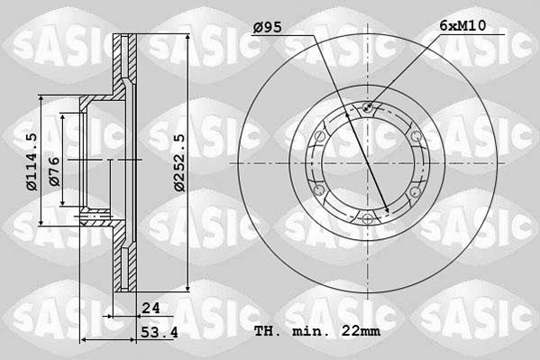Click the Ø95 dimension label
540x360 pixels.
(268, 28)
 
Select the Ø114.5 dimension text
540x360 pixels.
(31, 162)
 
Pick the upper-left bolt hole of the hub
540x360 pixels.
(319, 136)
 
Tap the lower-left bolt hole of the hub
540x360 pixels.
(319, 190)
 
